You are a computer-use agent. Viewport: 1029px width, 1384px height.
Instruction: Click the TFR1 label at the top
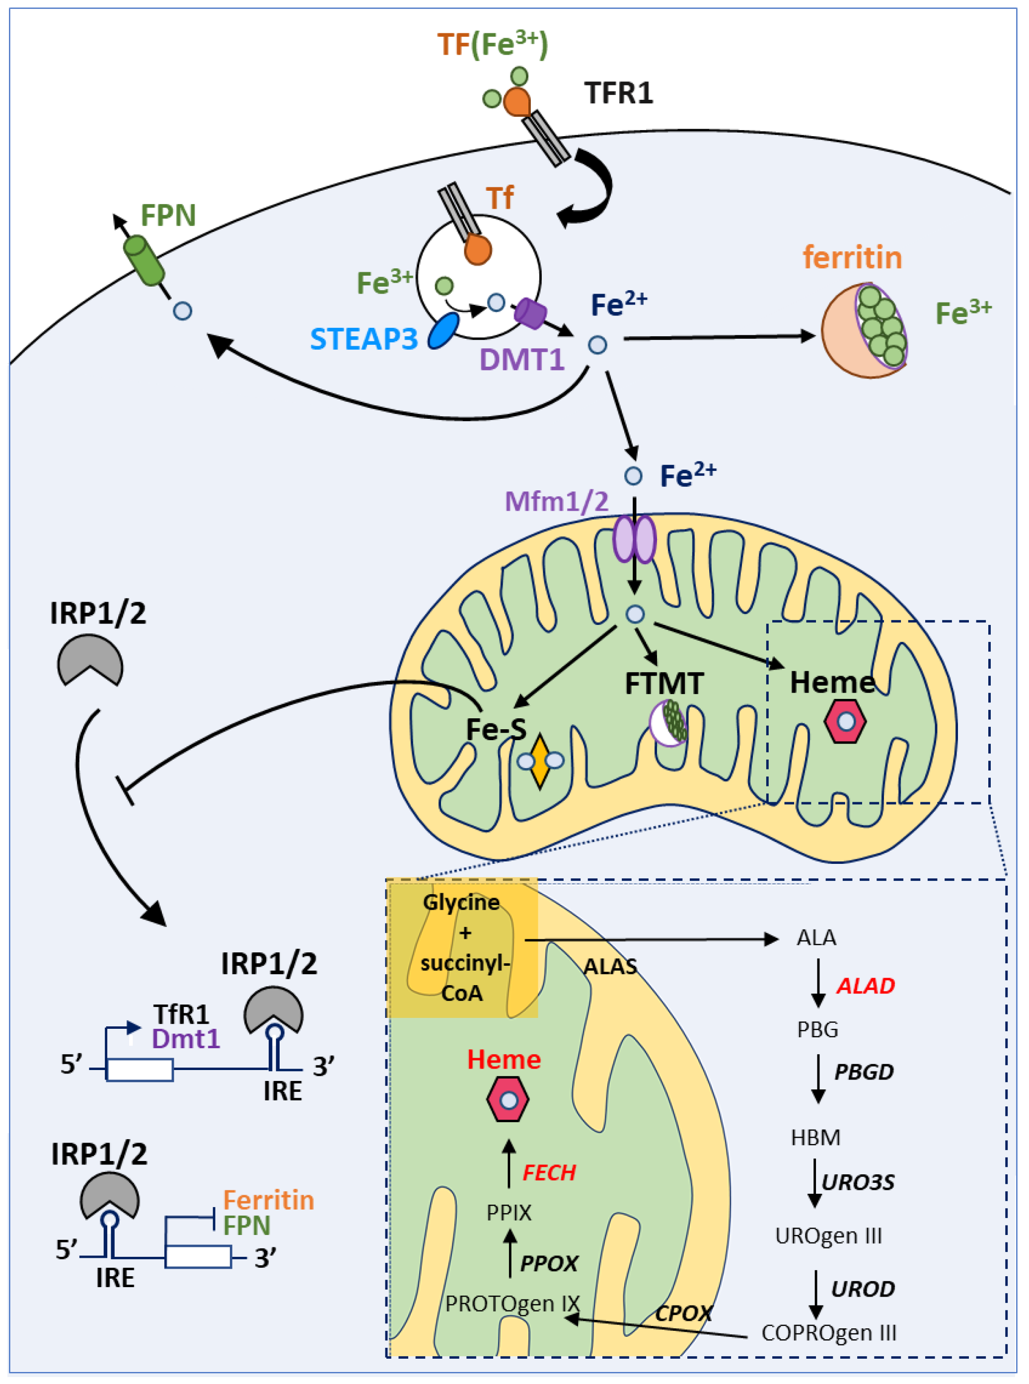(618, 93)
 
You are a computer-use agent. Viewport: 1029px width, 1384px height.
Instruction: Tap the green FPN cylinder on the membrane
(144, 260)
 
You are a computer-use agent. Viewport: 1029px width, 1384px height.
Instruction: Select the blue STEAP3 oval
(443, 331)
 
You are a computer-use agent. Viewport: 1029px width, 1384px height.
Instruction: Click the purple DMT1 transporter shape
(530, 313)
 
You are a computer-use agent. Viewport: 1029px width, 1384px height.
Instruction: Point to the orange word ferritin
(852, 257)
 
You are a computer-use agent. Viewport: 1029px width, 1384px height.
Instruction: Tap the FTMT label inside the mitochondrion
(664, 684)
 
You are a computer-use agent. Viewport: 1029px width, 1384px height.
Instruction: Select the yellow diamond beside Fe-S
(539, 761)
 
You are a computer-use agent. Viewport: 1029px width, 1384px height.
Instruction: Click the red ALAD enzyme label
(865, 985)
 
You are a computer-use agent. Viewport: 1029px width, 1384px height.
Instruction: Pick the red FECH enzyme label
(549, 1172)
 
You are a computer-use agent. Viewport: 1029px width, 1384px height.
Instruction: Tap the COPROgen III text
(828, 1332)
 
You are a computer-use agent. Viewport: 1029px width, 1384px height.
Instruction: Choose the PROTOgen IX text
(512, 1303)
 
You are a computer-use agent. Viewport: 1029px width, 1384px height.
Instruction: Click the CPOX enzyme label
(683, 1312)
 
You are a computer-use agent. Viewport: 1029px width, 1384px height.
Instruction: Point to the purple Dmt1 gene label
(186, 1038)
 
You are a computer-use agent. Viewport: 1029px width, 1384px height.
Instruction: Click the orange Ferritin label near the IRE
(269, 1200)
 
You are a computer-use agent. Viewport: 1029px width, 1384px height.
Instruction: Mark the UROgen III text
(828, 1235)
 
